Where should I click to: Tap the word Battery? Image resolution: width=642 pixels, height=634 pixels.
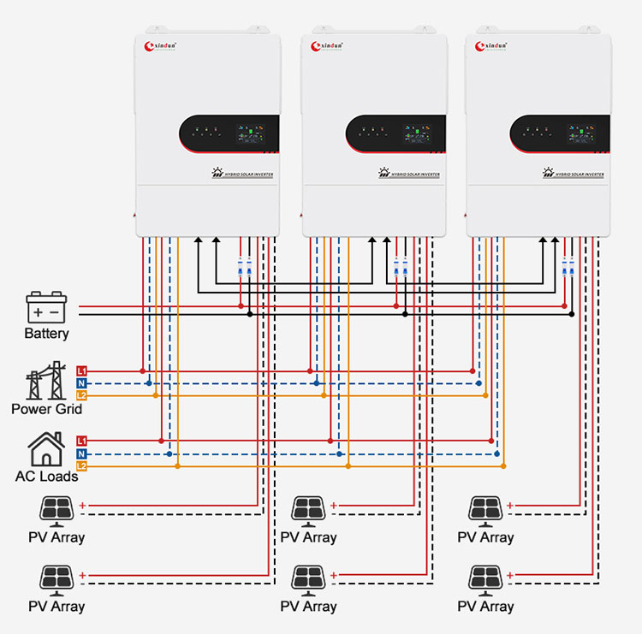click(x=46, y=334)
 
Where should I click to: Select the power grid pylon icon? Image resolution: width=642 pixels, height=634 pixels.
click(x=47, y=381)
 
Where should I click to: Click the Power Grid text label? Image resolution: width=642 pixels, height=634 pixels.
click(x=47, y=409)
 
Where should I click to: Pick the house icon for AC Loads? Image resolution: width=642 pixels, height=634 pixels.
click(x=46, y=448)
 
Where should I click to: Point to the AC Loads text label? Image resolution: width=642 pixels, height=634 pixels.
click(x=46, y=476)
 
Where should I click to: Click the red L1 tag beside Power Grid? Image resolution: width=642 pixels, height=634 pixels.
click(x=82, y=370)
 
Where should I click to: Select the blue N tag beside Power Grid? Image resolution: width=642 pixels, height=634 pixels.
click(x=82, y=383)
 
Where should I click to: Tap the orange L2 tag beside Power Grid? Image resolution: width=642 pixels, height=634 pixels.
click(x=82, y=395)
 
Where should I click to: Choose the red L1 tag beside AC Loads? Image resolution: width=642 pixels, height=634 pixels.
click(x=82, y=440)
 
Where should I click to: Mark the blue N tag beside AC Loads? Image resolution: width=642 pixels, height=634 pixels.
click(x=82, y=453)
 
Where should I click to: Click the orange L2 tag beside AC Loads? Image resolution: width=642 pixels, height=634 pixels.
click(x=82, y=465)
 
